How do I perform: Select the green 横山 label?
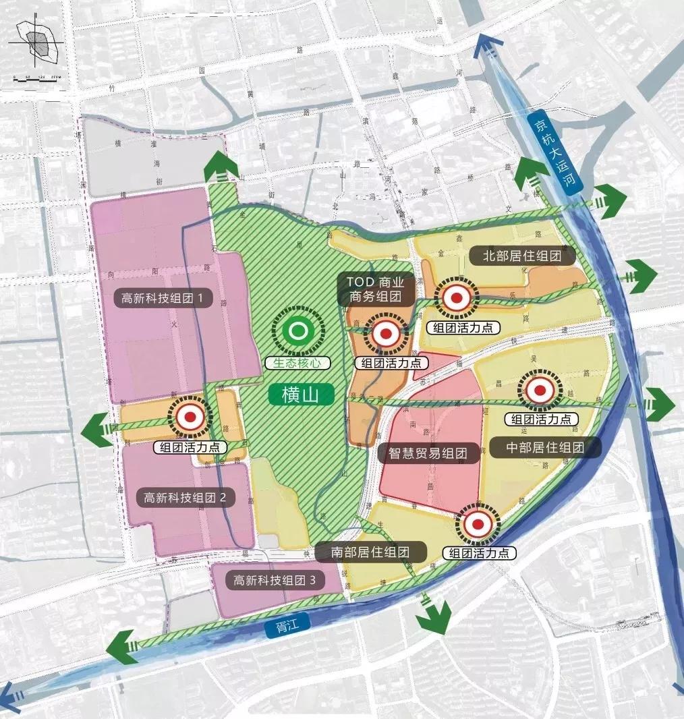[x=302, y=395]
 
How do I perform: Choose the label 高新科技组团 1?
[x=163, y=297]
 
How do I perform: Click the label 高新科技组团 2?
[x=186, y=498]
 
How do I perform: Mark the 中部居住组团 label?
[x=545, y=447]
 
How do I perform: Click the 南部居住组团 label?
[x=371, y=552]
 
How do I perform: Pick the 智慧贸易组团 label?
[x=428, y=453]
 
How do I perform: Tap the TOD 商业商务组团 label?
[x=376, y=289]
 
